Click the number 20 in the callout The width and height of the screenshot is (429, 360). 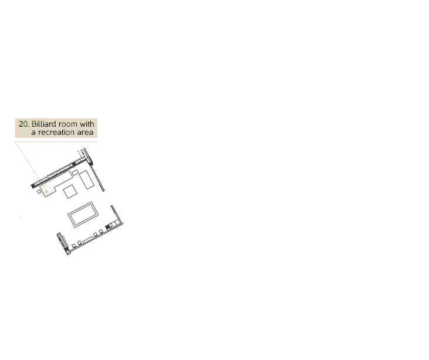(23, 124)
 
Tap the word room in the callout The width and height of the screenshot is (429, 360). (70, 124)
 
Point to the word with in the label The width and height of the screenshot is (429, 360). (87, 124)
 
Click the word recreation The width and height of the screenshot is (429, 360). (58, 133)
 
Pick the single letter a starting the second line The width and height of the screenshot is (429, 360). (33, 133)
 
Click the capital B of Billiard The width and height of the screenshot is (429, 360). (34, 124)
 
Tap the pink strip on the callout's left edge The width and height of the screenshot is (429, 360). (15, 128)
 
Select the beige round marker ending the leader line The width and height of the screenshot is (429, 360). (46, 190)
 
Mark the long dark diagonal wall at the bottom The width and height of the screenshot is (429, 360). (94, 237)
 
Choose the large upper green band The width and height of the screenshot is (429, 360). (264, 182)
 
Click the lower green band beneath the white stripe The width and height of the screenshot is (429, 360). (264, 241)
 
